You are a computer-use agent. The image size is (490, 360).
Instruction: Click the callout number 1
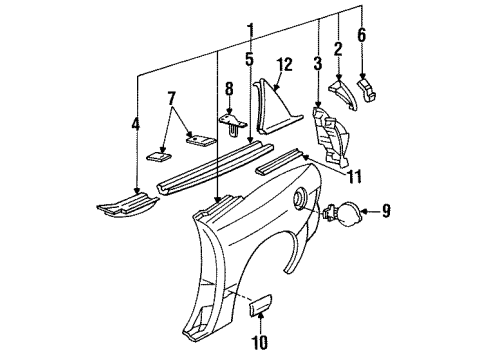click(221, 29)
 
